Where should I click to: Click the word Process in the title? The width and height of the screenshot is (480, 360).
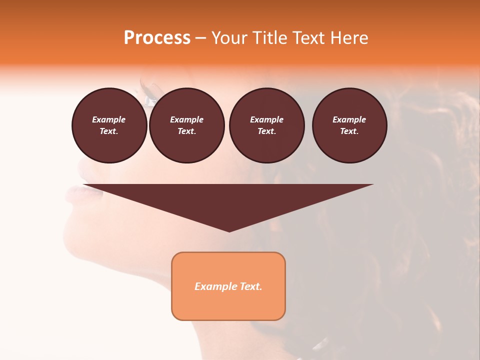(x=157, y=38)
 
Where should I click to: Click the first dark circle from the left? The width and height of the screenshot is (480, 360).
(x=109, y=125)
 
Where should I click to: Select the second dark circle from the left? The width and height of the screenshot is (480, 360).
(x=186, y=125)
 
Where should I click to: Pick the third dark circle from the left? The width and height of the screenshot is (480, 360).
(x=266, y=125)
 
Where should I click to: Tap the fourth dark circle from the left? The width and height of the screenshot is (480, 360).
(x=349, y=125)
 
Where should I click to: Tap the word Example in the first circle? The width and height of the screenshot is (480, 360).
(x=109, y=119)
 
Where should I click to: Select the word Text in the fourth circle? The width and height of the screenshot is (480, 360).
(x=348, y=131)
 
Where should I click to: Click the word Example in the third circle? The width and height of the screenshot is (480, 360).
(x=266, y=119)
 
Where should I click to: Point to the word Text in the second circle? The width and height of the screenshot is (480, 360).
(x=186, y=131)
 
